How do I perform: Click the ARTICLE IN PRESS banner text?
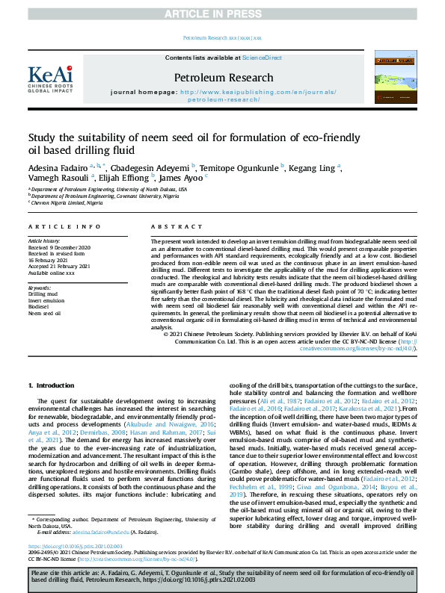click(222, 14)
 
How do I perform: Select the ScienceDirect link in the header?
click(263, 57)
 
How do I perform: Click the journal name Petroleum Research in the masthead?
click(224, 77)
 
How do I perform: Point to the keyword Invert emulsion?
click(49, 300)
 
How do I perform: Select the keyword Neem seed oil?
click(45, 313)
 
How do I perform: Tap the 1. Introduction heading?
click(52, 385)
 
